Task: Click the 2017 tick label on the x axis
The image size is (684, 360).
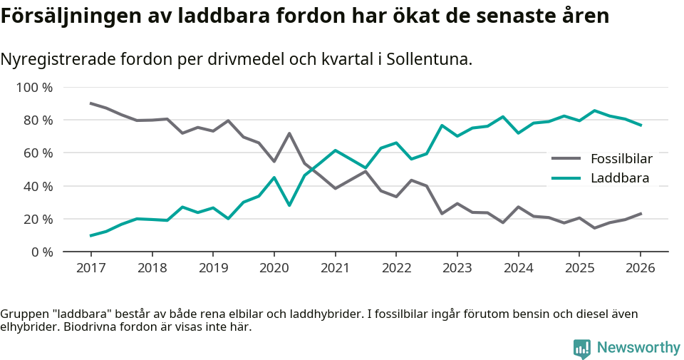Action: click(90, 268)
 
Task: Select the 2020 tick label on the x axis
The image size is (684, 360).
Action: click(274, 268)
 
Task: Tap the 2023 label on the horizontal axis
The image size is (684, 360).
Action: click(457, 268)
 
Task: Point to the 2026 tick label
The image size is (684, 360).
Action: click(640, 268)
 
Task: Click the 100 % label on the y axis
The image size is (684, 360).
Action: click(35, 88)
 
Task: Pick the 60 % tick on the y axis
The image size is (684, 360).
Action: click(38, 153)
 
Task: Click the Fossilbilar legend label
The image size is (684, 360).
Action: click(621, 158)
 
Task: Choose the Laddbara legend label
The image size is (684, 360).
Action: click(620, 178)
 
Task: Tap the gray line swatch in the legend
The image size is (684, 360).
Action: click(566, 159)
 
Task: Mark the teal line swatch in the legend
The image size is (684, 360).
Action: click(566, 178)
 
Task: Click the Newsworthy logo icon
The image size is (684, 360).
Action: click(581, 348)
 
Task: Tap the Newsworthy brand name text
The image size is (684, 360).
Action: click(638, 348)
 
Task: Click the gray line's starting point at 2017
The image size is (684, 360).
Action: click(90, 103)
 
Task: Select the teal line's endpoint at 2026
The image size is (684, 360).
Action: click(640, 125)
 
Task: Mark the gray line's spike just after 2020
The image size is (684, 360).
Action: click(289, 133)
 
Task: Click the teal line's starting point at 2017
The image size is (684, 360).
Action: click(90, 235)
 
